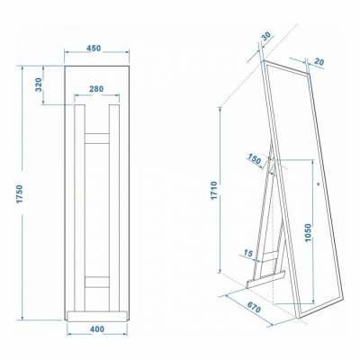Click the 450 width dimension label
[x=94, y=49]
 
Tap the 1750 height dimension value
[x=20, y=193]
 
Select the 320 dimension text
[x=40, y=85]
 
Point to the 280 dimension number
[x=96, y=89]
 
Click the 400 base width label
[x=97, y=329]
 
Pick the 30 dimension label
[x=266, y=36]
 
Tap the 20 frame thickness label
[x=319, y=62]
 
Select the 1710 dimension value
[x=214, y=191]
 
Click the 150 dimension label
[x=255, y=159]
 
